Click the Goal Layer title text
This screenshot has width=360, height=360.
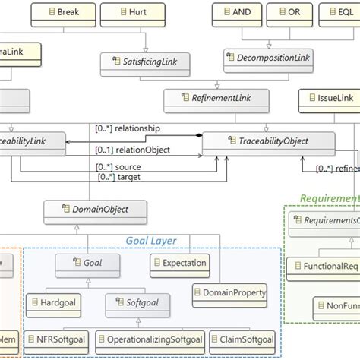pos(150,241)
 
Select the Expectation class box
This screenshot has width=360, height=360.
pos(178,264)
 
